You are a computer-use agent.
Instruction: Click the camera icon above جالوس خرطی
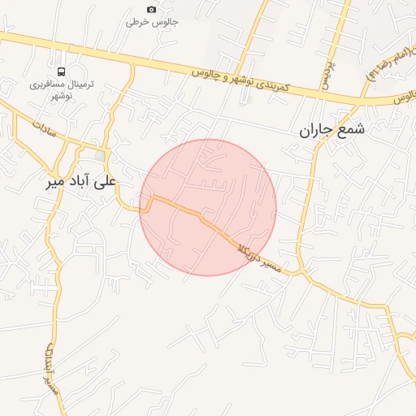tap(151, 9)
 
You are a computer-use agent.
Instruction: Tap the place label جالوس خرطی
tap(151, 22)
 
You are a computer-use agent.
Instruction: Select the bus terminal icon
tap(63, 71)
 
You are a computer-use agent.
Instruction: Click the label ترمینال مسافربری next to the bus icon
tap(63, 84)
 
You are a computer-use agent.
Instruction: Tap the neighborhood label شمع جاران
tap(332, 130)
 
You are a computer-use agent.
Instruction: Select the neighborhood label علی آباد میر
tap(82, 182)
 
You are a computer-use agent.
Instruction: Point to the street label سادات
tap(44, 128)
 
